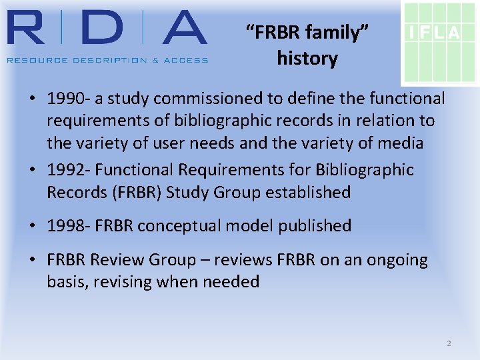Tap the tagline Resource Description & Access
click(107, 60)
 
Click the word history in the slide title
click(307, 59)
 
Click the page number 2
click(449, 343)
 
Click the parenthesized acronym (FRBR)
click(135, 193)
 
